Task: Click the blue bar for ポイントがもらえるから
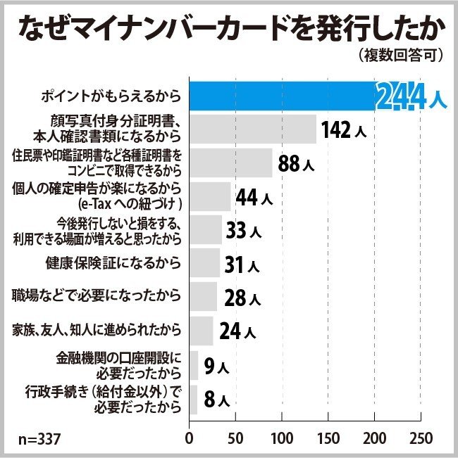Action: point(282,96)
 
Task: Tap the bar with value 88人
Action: point(230,163)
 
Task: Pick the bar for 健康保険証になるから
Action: point(204,263)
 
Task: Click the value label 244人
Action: point(411,98)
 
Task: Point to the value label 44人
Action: point(254,198)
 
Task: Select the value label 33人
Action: point(244,231)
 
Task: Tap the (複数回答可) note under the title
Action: point(401,56)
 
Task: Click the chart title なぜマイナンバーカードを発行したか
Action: point(228,27)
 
